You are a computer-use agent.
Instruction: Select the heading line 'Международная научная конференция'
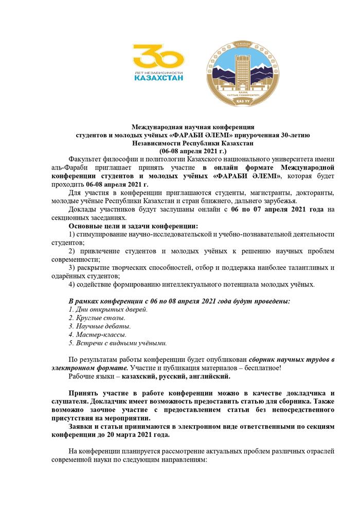tap(193, 126)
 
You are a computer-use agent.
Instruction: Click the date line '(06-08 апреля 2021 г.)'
tap(193, 151)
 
